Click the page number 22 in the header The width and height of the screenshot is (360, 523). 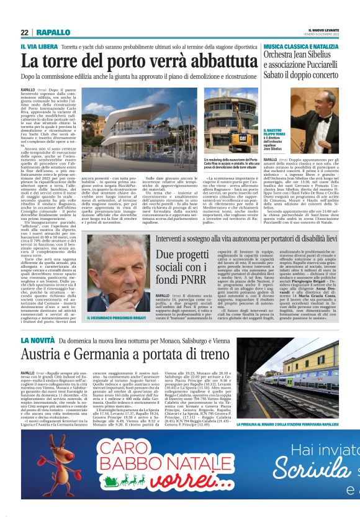(24, 32)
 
